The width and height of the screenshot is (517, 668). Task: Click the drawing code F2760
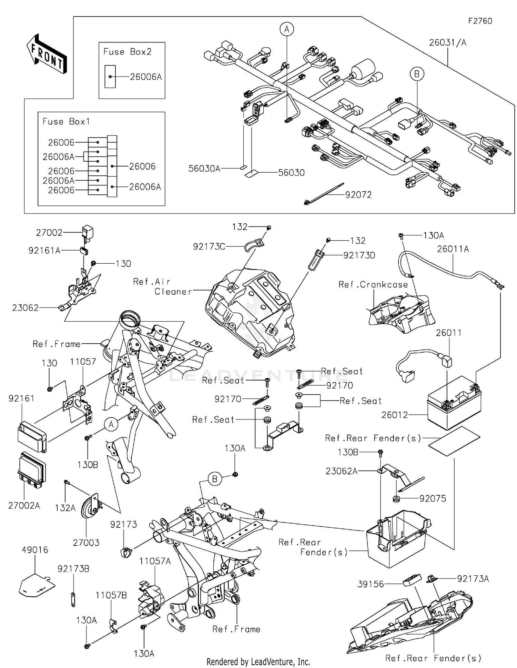(480, 21)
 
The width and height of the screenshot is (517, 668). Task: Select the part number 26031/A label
(447, 42)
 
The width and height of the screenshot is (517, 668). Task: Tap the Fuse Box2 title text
(127, 52)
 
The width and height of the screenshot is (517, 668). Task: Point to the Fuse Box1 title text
(66, 121)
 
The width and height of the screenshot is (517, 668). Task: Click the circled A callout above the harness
(286, 29)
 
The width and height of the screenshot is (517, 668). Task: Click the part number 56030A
(204, 168)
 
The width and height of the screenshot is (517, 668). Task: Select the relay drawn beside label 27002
(88, 231)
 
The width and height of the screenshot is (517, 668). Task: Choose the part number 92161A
(44, 251)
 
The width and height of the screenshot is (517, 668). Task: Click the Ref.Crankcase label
(373, 284)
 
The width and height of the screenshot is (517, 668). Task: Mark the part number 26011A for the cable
(453, 249)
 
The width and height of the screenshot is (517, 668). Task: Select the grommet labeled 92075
(396, 499)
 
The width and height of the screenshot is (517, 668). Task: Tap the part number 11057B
(111, 595)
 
